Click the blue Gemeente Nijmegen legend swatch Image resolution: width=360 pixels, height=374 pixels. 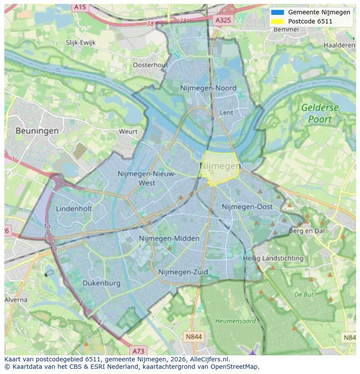pos(277,13)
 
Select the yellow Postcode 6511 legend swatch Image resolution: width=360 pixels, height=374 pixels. pos(277,21)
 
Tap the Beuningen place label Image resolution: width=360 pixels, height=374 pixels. pos(37,130)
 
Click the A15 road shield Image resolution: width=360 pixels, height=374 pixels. pos(80,7)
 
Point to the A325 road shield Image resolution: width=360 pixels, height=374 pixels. pos(223,20)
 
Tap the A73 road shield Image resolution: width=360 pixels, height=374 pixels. pos(138,351)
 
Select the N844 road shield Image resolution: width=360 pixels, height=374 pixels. pos(193,337)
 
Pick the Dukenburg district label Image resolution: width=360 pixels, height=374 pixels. pos(101,283)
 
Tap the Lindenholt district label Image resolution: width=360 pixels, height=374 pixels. pos(74,209)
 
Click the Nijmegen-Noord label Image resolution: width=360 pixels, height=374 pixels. pos(208,88)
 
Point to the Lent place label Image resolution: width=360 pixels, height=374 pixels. pos(227,113)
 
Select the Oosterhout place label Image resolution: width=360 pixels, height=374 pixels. pos(150,65)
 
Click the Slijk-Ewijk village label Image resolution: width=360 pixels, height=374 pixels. pos(80,43)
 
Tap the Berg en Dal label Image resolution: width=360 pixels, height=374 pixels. pos(307,231)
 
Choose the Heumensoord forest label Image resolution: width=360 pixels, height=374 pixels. pos(236,321)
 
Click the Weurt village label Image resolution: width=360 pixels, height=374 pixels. pos(128,132)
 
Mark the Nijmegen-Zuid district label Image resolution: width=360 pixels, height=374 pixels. pos(183,272)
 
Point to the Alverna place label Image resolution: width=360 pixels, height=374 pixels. pos(16,300)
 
